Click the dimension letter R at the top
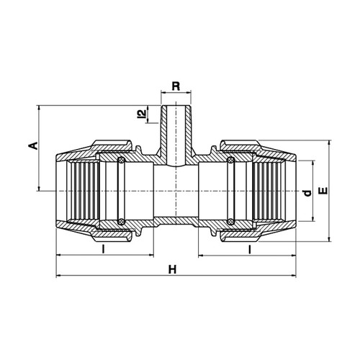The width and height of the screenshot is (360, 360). [176, 86]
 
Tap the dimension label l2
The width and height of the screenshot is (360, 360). [143, 114]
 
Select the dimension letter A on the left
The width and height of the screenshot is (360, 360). [34, 146]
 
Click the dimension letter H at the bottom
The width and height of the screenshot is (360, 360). [172, 269]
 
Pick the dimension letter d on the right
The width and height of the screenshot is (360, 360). [307, 193]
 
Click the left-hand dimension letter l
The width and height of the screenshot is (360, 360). [103, 249]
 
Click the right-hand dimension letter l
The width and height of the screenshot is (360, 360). [250, 249]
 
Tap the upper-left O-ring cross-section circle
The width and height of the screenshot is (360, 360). [121, 161]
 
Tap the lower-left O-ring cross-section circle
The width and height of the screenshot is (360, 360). [121, 221]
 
